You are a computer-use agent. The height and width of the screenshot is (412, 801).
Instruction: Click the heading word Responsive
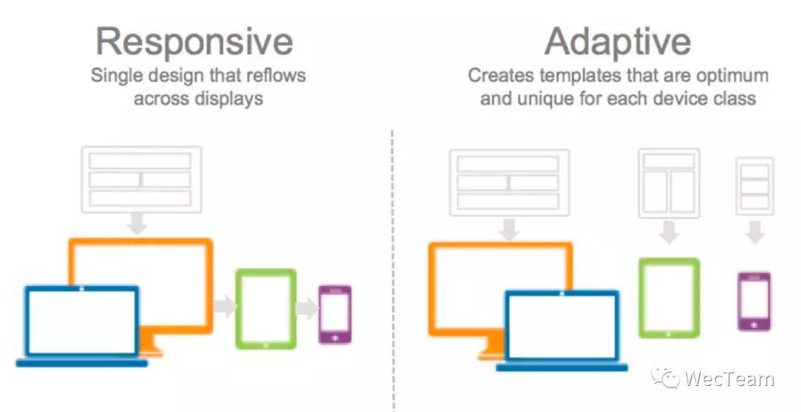point(194,42)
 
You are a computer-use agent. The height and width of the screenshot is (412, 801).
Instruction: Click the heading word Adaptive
point(618,42)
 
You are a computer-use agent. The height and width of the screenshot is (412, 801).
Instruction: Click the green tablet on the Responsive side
point(266,309)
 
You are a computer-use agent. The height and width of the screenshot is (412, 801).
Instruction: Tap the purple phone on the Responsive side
point(335,314)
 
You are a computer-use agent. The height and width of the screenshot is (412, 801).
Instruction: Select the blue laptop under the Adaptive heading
point(562,330)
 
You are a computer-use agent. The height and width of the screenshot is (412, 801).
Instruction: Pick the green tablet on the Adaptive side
point(669,298)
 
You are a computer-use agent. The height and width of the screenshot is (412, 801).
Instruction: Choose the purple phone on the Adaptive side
point(754,301)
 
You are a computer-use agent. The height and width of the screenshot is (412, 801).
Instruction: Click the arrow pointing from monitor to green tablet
point(225,307)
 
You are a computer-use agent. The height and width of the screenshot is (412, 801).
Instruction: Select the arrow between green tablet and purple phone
point(306,308)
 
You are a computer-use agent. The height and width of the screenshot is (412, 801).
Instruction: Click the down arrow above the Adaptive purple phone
point(754,232)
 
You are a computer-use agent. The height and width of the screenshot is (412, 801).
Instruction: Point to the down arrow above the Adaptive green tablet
point(669,232)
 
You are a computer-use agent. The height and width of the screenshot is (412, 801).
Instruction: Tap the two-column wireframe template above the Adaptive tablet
point(669,183)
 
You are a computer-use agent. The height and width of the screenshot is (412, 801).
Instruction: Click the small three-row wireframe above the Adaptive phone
point(754,186)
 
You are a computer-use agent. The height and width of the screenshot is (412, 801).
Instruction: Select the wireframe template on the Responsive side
point(141,180)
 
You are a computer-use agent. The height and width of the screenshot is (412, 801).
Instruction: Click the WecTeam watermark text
point(730,379)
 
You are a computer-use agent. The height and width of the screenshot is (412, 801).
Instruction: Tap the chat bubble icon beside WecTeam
point(665,379)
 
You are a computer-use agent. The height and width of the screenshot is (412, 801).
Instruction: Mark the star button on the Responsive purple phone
point(335,337)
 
